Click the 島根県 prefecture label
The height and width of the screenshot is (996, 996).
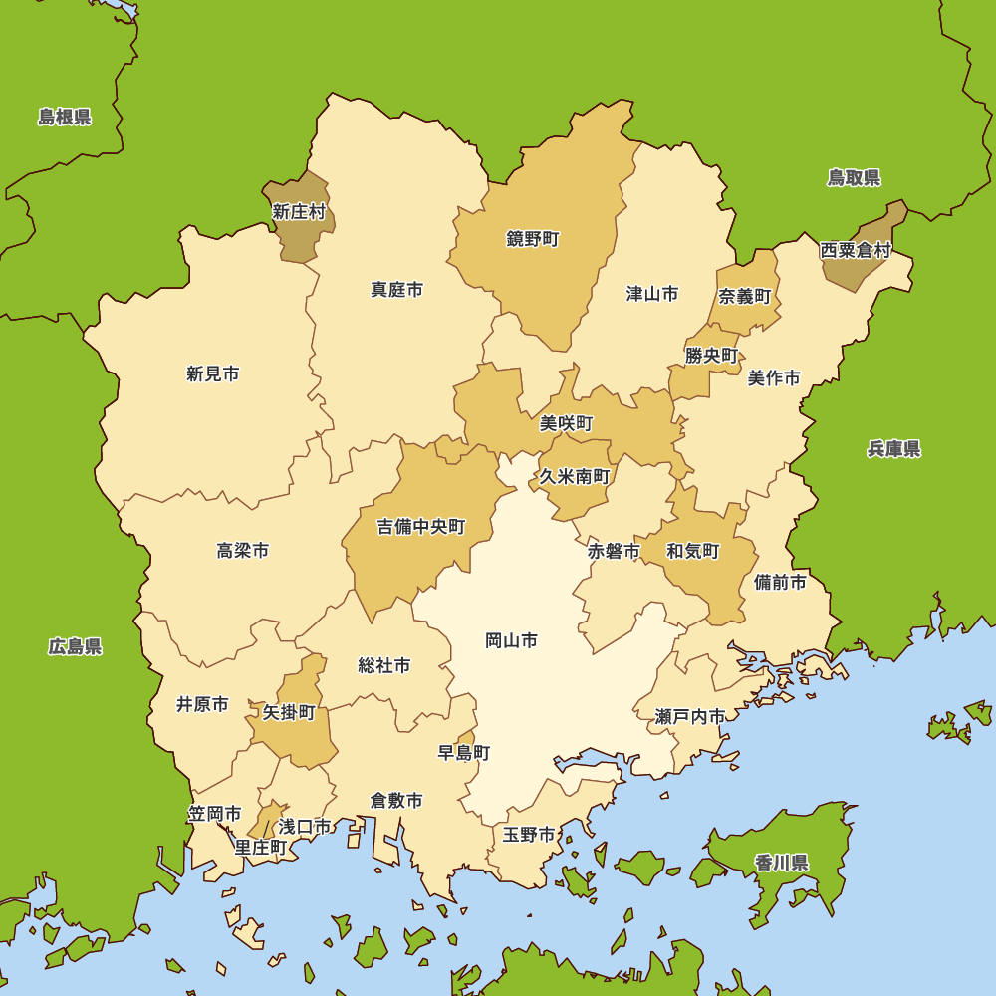click(65, 118)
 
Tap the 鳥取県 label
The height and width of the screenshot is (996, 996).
click(854, 178)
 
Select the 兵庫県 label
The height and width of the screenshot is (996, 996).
click(893, 449)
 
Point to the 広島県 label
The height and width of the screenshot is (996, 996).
click(75, 647)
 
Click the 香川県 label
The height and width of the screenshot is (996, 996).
click(781, 863)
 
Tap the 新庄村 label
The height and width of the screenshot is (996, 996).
click(299, 212)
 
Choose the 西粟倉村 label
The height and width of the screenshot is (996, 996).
click(856, 250)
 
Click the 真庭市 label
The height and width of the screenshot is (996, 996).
click(396, 290)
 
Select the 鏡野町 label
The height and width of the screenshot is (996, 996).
click(533, 239)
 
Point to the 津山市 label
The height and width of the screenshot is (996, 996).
click(652, 294)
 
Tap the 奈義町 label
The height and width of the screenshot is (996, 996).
click(745, 297)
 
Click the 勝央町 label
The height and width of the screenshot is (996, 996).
click(711, 356)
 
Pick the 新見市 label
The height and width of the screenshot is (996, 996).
click(212, 374)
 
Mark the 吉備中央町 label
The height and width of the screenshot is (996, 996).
click(420, 527)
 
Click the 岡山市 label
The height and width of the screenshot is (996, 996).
click(511, 640)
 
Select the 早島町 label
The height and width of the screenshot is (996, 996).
click(464, 753)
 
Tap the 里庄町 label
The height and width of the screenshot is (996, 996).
click(261, 848)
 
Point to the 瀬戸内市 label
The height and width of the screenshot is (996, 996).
click(690, 716)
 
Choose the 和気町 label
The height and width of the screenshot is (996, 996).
click(692, 551)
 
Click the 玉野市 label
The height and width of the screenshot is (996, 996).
click(528, 835)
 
